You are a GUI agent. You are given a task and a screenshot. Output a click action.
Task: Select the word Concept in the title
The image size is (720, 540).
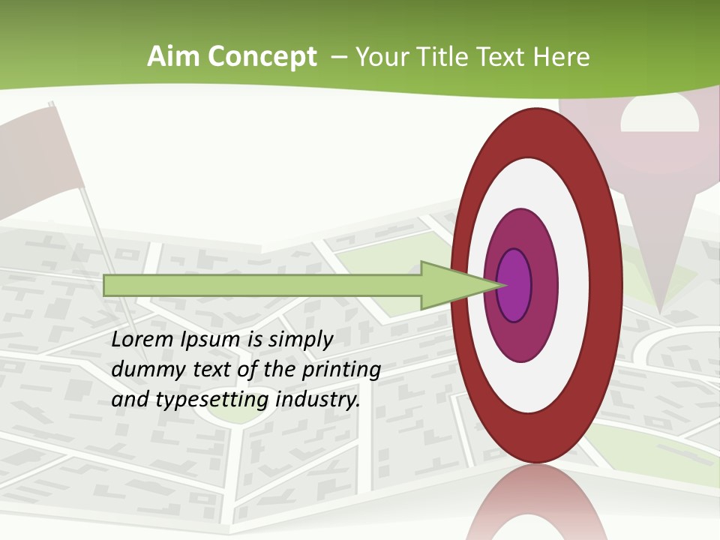point(262,57)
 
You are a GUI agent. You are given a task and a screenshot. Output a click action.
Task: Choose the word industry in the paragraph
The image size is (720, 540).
point(318,400)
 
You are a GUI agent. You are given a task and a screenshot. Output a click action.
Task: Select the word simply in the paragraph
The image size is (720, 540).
point(300,340)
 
